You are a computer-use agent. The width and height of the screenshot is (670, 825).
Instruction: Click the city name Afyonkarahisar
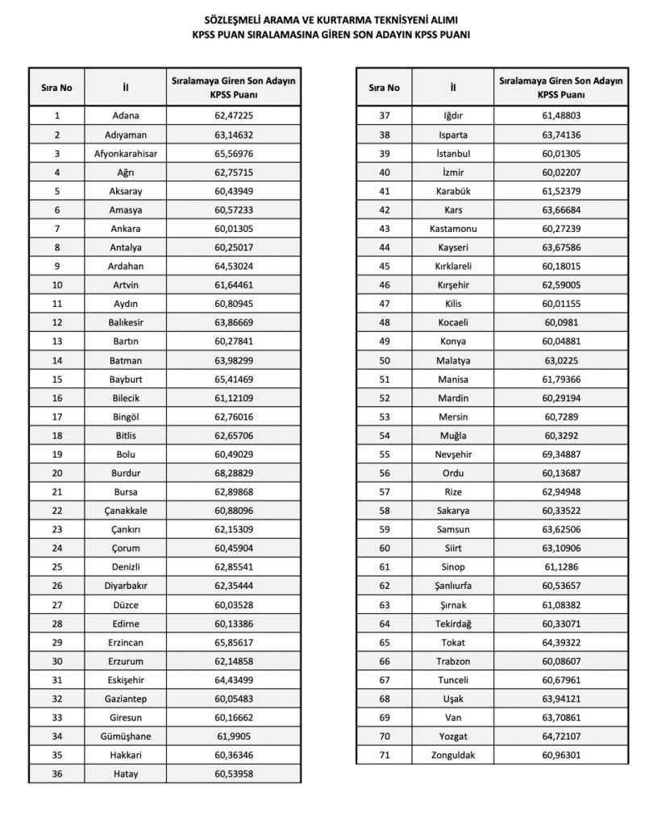click(x=125, y=153)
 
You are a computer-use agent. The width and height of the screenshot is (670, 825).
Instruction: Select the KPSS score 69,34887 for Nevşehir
click(x=560, y=454)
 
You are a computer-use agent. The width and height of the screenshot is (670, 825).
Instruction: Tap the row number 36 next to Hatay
click(x=57, y=773)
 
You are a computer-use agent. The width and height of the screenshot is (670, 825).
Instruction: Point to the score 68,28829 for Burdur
click(x=234, y=473)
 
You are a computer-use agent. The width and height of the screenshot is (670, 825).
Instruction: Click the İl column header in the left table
click(x=125, y=87)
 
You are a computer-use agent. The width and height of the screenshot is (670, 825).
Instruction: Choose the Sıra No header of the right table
click(x=384, y=87)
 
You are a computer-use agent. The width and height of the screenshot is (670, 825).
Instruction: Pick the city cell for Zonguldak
click(x=452, y=755)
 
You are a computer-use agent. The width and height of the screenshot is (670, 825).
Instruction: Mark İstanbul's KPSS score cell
click(x=560, y=153)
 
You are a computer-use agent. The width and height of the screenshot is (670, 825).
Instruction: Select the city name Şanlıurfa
click(x=452, y=586)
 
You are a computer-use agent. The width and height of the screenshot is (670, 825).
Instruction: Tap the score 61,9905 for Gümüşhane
click(x=234, y=736)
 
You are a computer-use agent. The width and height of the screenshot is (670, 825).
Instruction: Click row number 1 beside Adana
click(x=57, y=116)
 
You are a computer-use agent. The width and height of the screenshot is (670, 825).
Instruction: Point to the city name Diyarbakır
click(x=125, y=586)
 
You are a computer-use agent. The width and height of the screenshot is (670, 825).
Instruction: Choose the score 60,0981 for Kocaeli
click(x=560, y=322)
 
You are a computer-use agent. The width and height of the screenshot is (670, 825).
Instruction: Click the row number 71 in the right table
click(x=384, y=755)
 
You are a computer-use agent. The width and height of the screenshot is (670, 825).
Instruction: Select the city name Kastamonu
click(x=452, y=229)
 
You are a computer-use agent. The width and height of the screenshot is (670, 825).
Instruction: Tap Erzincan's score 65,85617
click(x=234, y=642)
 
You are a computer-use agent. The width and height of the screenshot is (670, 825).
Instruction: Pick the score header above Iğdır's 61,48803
click(x=560, y=87)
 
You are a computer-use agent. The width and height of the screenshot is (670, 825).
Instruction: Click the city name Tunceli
click(x=452, y=680)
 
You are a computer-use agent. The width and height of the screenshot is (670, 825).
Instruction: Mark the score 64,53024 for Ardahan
click(x=234, y=266)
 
